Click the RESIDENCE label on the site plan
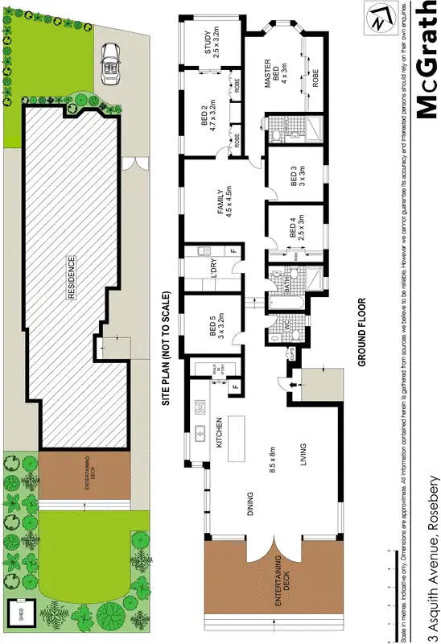point(71,279)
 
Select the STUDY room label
point(211,42)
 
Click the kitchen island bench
point(237,437)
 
